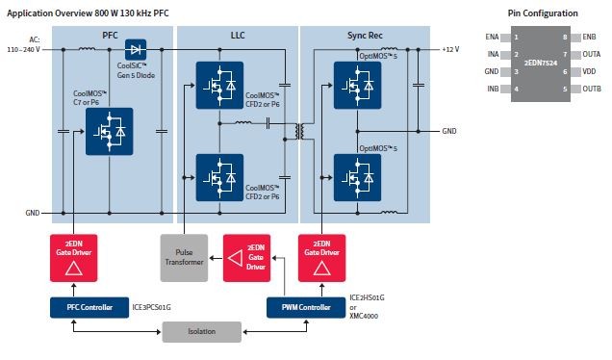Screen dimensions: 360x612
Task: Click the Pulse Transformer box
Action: [x=185, y=258]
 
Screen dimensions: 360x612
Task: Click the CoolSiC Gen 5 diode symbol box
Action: [x=137, y=48]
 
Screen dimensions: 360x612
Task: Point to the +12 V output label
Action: [x=451, y=48]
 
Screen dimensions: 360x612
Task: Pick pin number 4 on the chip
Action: [x=517, y=89]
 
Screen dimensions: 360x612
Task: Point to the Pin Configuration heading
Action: [x=543, y=13]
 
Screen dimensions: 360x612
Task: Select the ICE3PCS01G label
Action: [x=151, y=308]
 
